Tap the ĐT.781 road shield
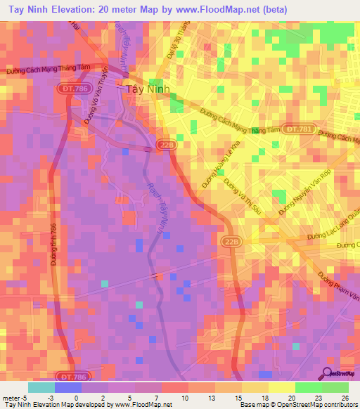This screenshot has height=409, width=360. [x=293, y=128]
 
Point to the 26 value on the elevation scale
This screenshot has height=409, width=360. [x=344, y=398]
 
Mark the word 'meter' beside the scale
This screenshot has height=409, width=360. [x=12, y=398]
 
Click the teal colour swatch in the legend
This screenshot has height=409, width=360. [x=41, y=387]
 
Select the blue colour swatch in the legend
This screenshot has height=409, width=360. [x=67, y=387]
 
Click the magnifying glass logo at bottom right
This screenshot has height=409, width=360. [x=328, y=374]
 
